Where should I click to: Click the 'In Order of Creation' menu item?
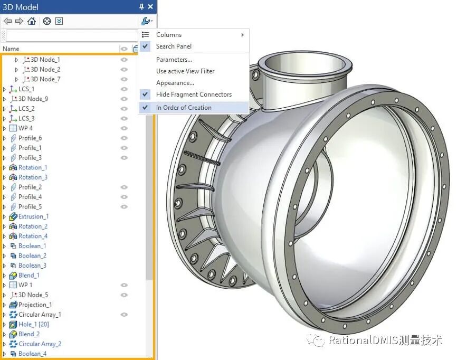tap(184, 107)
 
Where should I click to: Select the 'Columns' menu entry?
tap(169, 35)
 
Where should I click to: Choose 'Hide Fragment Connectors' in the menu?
tap(194, 94)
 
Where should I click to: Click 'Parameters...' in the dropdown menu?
tap(174, 60)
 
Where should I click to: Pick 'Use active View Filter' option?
tap(185, 71)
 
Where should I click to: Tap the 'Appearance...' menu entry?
tap(175, 83)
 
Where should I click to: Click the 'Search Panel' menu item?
tap(174, 46)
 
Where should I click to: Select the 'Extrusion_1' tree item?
tap(33, 216)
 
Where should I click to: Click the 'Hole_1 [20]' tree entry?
tap(33, 324)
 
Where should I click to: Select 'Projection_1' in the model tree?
tap(35, 305)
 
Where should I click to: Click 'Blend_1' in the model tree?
tap(28, 275)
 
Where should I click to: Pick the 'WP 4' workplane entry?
tap(25, 128)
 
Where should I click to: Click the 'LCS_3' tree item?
tap(26, 118)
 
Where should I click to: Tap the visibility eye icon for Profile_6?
tap(124, 138)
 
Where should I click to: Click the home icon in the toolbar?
tap(32, 21)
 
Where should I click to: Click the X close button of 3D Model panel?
tap(150, 7)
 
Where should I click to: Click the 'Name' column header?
tap(11, 49)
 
